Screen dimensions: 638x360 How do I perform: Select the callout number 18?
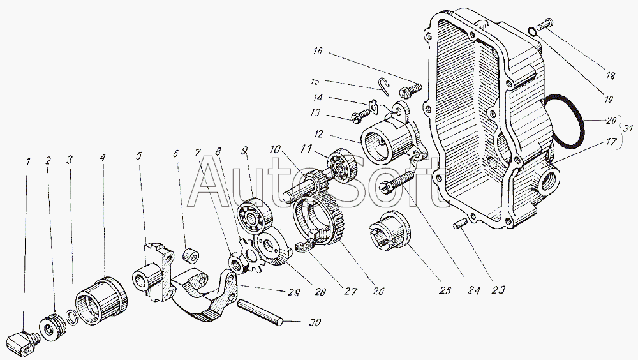click(610, 75)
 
